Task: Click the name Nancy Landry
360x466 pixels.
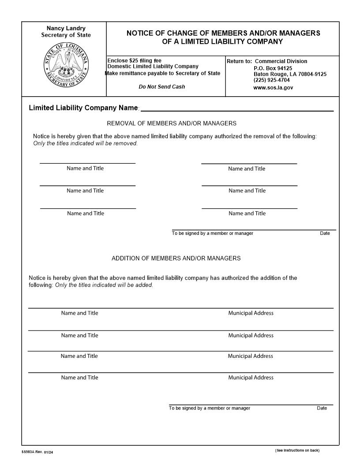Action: point(66,28)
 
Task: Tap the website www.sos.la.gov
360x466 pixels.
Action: point(273,87)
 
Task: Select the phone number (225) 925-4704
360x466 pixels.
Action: point(271,80)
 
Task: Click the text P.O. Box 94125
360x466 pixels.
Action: point(273,68)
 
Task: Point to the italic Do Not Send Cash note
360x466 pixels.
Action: point(162,86)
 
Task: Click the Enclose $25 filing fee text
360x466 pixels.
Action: point(135,60)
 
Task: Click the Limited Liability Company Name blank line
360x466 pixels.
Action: point(237,110)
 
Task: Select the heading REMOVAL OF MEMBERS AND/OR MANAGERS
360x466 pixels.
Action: point(172,124)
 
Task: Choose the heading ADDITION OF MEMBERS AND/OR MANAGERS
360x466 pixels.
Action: point(176,258)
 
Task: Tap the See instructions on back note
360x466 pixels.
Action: point(297,450)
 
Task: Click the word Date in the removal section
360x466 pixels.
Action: point(325,233)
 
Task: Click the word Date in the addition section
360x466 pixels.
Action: point(322,408)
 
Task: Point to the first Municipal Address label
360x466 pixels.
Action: point(251,313)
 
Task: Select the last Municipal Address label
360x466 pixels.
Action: point(251,377)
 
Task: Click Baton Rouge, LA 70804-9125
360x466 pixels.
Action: point(290,74)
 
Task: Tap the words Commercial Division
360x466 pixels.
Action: point(281,61)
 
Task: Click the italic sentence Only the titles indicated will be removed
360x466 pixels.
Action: point(86,143)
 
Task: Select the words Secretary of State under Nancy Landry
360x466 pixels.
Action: point(66,35)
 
